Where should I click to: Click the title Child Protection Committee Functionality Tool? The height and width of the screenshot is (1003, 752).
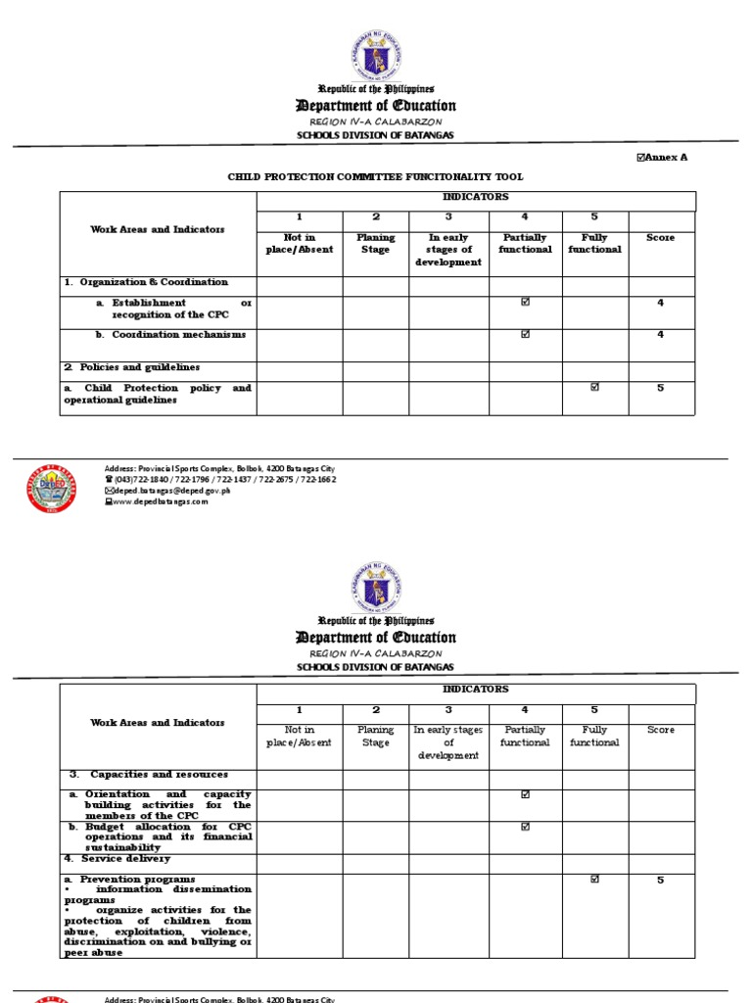376,177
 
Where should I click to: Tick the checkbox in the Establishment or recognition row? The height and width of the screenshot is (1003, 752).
526,303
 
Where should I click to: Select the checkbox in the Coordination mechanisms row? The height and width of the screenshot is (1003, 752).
526,335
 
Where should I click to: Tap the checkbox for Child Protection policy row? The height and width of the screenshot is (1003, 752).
594,388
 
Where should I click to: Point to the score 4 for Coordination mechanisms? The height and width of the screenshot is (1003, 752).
660,335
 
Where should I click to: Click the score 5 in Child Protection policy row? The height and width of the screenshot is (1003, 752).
660,388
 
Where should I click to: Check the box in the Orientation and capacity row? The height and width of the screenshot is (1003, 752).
526,794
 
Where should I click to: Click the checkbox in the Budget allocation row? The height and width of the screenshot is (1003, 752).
526,827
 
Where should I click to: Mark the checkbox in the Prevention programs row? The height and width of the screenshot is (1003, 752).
594,880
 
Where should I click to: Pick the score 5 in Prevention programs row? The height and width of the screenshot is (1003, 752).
660,880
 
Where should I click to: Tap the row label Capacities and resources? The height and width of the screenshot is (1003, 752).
148,774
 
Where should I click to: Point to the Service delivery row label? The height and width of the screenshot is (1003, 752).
118,859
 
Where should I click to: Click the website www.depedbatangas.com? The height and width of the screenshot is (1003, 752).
161,501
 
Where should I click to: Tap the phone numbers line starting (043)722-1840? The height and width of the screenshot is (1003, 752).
224,480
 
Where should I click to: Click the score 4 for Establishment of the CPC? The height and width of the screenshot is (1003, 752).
660,303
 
